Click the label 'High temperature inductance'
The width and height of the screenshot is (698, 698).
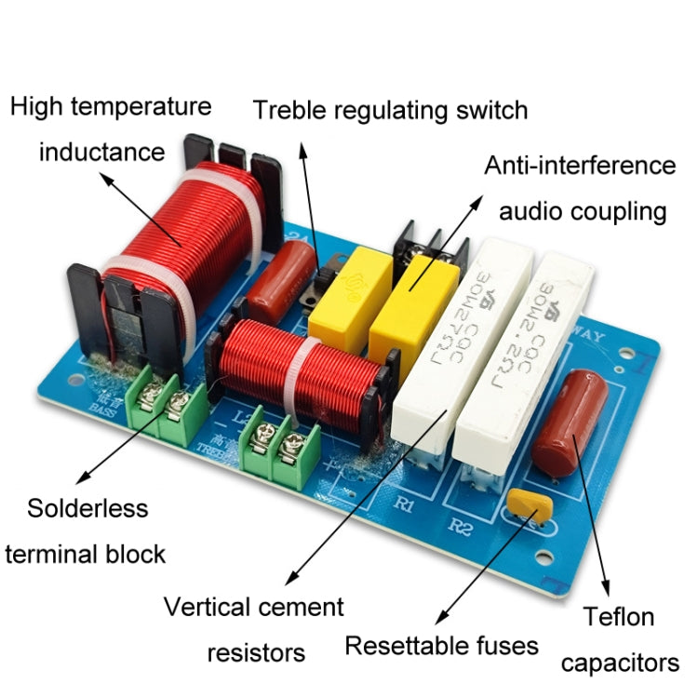coord(110,128)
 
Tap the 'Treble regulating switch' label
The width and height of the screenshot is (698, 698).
coord(390,111)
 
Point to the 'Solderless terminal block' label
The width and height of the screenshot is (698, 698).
coord(86,531)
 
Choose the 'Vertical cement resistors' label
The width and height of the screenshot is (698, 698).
coord(254,629)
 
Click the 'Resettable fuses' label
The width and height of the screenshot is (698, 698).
coord(441,646)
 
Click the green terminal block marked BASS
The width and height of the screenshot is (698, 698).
coord(168,404)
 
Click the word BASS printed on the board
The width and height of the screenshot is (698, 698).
coord(104,406)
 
